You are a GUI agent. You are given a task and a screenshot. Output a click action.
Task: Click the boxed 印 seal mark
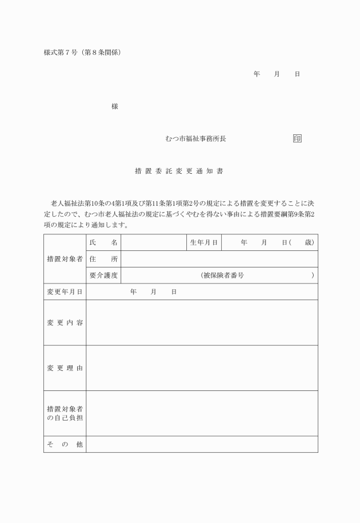[x=297, y=139]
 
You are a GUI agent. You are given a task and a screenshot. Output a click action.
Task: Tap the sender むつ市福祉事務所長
[x=195, y=139]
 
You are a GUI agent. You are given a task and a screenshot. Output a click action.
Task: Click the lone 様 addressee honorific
[x=115, y=107]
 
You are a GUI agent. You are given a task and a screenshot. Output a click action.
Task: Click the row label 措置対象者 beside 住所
[x=65, y=259]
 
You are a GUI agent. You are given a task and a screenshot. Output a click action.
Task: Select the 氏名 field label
[x=103, y=243]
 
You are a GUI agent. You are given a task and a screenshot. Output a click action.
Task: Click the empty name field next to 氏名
[x=154, y=243]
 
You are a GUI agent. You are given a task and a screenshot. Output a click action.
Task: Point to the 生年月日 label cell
[x=204, y=243]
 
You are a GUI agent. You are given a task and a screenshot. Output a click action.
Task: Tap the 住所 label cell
[x=103, y=259]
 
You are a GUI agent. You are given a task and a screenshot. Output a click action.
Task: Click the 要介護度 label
[x=103, y=276]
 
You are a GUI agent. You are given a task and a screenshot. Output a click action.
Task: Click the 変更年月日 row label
[x=65, y=292]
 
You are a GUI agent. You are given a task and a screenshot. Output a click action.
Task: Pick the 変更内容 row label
[x=65, y=323]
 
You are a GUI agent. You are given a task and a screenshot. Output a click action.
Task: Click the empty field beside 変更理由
[x=202, y=368]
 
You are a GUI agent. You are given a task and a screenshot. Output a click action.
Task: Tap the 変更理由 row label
[x=65, y=368]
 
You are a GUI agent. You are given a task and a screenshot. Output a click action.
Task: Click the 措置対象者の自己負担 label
[x=65, y=414]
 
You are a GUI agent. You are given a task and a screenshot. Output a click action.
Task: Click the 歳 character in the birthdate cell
[x=309, y=243]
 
